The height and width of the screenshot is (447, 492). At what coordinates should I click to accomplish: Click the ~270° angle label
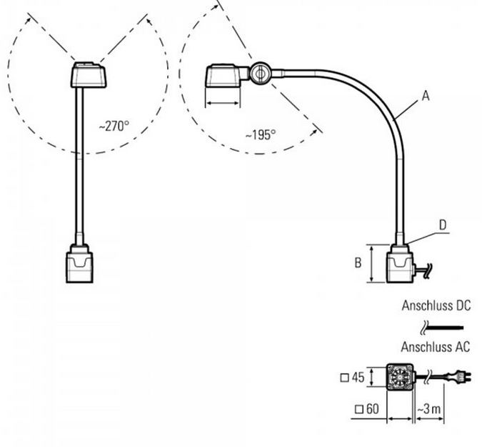[114, 126]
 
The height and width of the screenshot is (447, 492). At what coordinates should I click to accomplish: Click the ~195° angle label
[261, 135]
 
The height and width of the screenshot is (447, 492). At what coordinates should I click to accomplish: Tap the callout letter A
[425, 96]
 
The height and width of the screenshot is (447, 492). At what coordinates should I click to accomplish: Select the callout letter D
[443, 225]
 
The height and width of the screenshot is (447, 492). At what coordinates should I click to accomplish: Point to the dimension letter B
[358, 262]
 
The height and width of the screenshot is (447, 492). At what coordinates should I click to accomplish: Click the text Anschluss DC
[436, 305]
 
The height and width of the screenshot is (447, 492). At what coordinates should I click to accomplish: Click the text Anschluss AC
[436, 347]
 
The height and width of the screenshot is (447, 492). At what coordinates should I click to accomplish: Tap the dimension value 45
[358, 377]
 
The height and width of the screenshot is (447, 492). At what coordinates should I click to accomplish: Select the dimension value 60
[372, 409]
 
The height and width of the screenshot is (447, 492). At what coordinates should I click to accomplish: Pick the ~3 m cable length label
[429, 409]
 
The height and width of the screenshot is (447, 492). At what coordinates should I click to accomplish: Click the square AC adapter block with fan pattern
[400, 377]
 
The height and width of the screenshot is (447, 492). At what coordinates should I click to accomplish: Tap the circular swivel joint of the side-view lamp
[260, 74]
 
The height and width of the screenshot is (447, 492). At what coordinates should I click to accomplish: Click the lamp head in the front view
[89, 75]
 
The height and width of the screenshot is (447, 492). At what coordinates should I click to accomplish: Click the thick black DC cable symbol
[445, 328]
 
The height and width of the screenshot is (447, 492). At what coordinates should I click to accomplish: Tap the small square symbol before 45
[344, 378]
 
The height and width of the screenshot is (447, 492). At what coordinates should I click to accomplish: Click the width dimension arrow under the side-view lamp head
[223, 103]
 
